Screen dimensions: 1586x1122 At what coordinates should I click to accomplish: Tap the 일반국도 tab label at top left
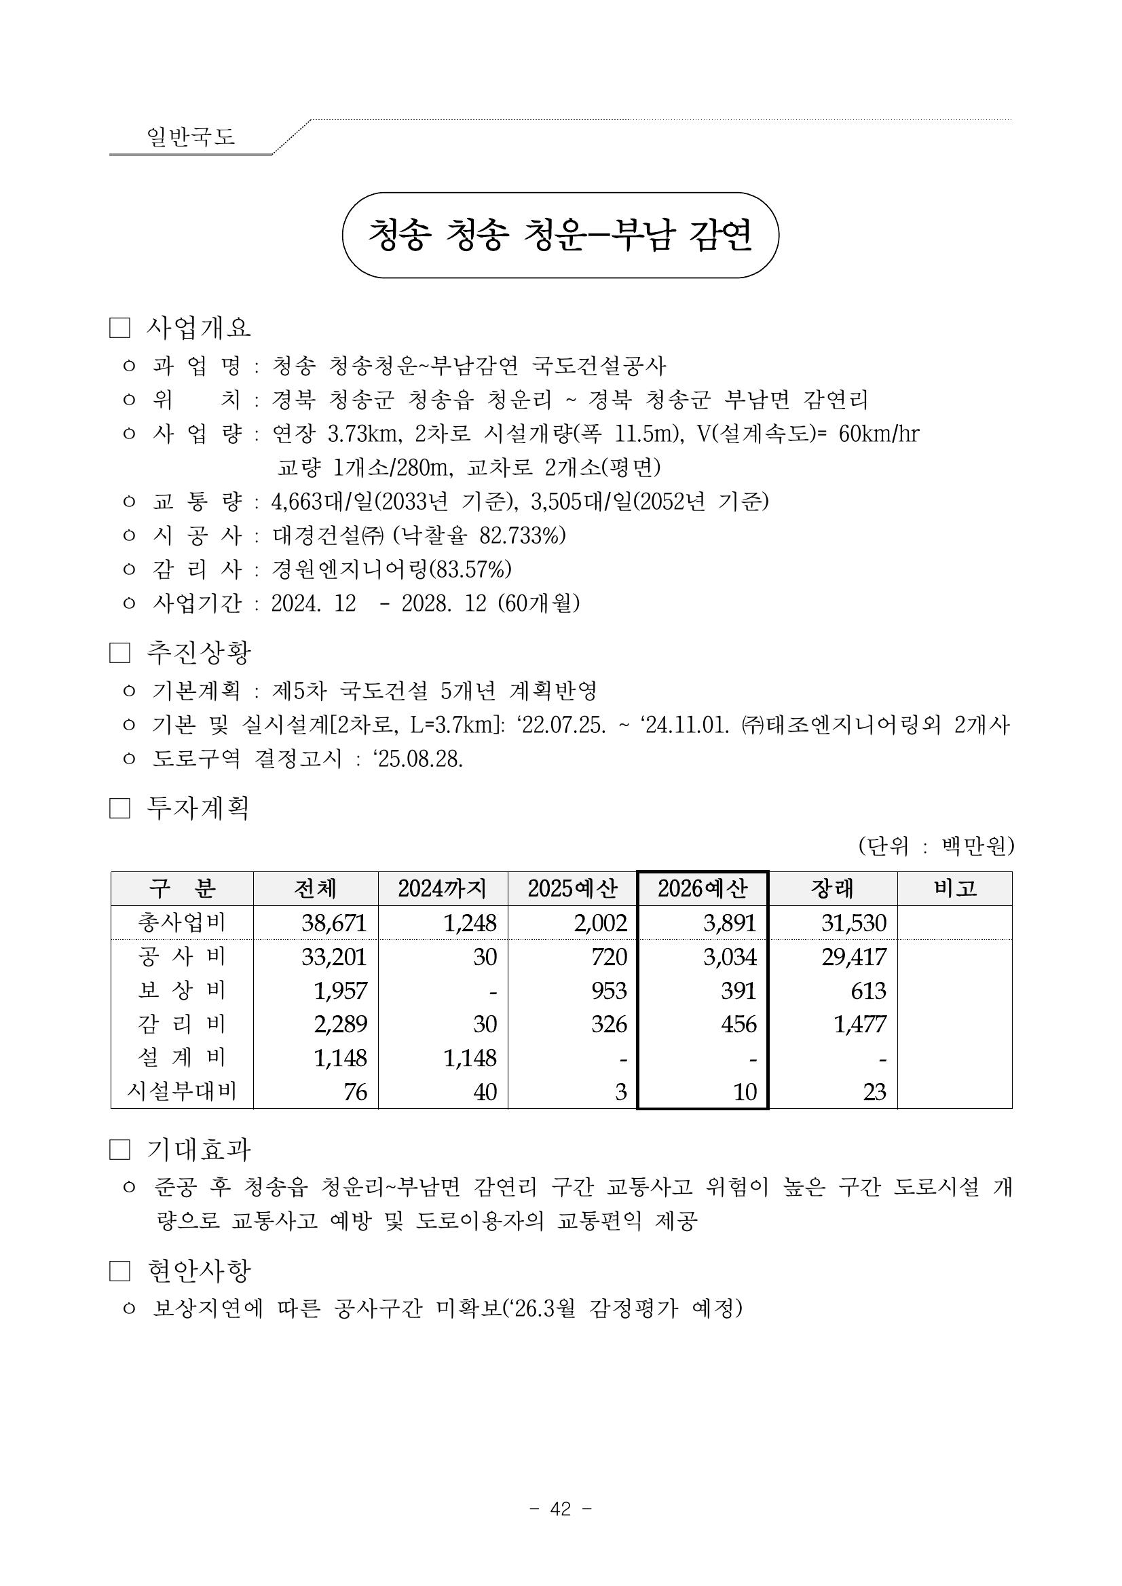(191, 136)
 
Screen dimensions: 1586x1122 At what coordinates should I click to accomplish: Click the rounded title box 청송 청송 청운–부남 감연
(559, 235)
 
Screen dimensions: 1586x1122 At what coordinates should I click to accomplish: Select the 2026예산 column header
(702, 889)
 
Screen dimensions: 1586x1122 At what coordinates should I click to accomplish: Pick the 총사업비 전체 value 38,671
(334, 923)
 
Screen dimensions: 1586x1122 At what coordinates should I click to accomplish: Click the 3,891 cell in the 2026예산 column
(730, 923)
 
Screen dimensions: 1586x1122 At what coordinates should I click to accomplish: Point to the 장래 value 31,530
(853, 923)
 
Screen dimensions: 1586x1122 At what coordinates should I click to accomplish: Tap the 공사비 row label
(182, 957)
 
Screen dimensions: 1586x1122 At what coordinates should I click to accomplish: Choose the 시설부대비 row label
(182, 1092)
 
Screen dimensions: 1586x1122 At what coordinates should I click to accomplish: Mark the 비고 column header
(955, 889)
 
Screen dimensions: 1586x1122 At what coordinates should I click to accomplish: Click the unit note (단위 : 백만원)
(935, 846)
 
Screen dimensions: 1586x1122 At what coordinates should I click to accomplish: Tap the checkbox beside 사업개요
(119, 328)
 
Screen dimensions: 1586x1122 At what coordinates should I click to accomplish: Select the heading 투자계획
(198, 808)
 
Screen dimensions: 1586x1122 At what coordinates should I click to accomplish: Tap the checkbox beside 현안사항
(119, 1271)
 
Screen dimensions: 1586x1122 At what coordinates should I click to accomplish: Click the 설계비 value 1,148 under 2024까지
(470, 1058)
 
